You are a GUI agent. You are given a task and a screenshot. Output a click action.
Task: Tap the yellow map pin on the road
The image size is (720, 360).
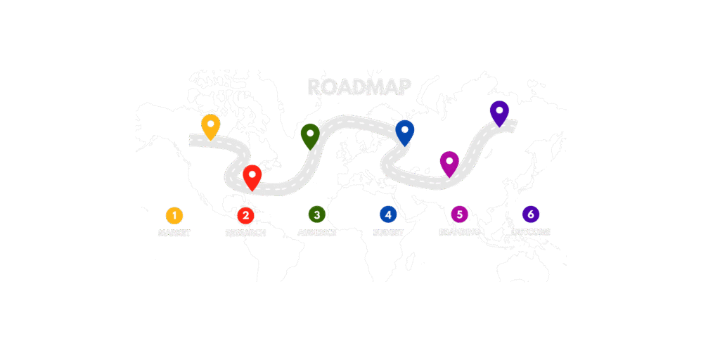click(x=210, y=126)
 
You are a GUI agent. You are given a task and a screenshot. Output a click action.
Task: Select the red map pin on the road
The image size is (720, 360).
click(x=252, y=176)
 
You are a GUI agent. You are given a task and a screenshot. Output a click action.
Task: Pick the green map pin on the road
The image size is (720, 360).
click(x=309, y=134)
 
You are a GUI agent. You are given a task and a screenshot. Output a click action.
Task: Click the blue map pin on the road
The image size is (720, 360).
click(x=405, y=131)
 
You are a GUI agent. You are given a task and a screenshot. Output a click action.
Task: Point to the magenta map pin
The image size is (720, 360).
click(x=449, y=162)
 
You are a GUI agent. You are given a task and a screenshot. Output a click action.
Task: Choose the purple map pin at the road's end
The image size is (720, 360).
click(x=499, y=112)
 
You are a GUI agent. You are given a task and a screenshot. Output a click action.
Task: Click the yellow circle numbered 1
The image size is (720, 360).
click(x=174, y=215)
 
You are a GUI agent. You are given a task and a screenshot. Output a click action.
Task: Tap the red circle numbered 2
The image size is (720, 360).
click(x=245, y=215)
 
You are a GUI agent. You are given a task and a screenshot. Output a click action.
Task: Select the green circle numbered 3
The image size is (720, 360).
click(x=316, y=214)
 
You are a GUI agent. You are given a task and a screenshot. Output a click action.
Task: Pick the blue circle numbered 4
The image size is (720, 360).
click(x=387, y=214)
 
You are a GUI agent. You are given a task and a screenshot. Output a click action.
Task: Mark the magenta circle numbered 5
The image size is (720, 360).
click(x=459, y=214)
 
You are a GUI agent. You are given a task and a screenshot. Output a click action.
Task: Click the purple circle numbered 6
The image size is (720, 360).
click(x=531, y=214)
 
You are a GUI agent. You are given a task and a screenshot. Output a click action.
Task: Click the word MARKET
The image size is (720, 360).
click(x=174, y=233)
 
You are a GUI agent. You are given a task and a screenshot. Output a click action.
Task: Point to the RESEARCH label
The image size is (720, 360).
click(x=245, y=233)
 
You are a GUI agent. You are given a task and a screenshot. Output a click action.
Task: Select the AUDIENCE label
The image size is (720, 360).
click(x=316, y=232)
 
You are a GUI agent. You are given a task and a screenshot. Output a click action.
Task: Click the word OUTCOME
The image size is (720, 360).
click(x=531, y=231)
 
